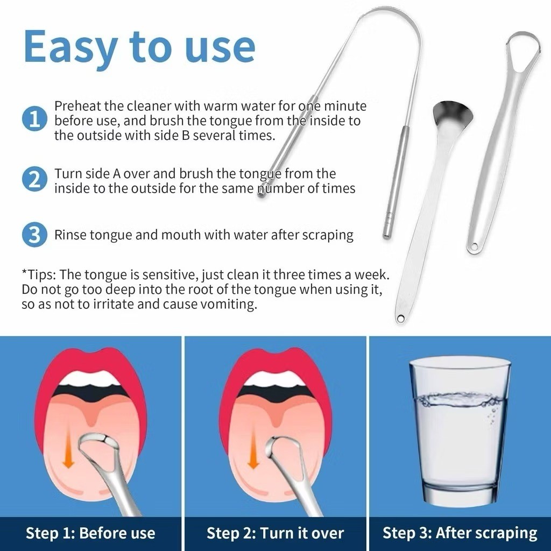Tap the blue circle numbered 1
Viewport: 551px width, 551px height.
[34, 119]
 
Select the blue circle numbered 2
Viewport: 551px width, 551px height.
[34, 179]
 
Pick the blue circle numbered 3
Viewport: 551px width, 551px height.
[34, 235]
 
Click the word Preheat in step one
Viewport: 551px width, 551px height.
[77, 106]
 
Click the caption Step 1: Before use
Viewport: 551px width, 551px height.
[90, 533]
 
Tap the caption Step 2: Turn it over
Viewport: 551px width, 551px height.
[275, 533]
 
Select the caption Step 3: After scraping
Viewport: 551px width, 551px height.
[460, 533]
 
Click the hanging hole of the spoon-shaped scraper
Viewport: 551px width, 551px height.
[400, 319]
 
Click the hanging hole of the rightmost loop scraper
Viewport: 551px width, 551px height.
[475, 246]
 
